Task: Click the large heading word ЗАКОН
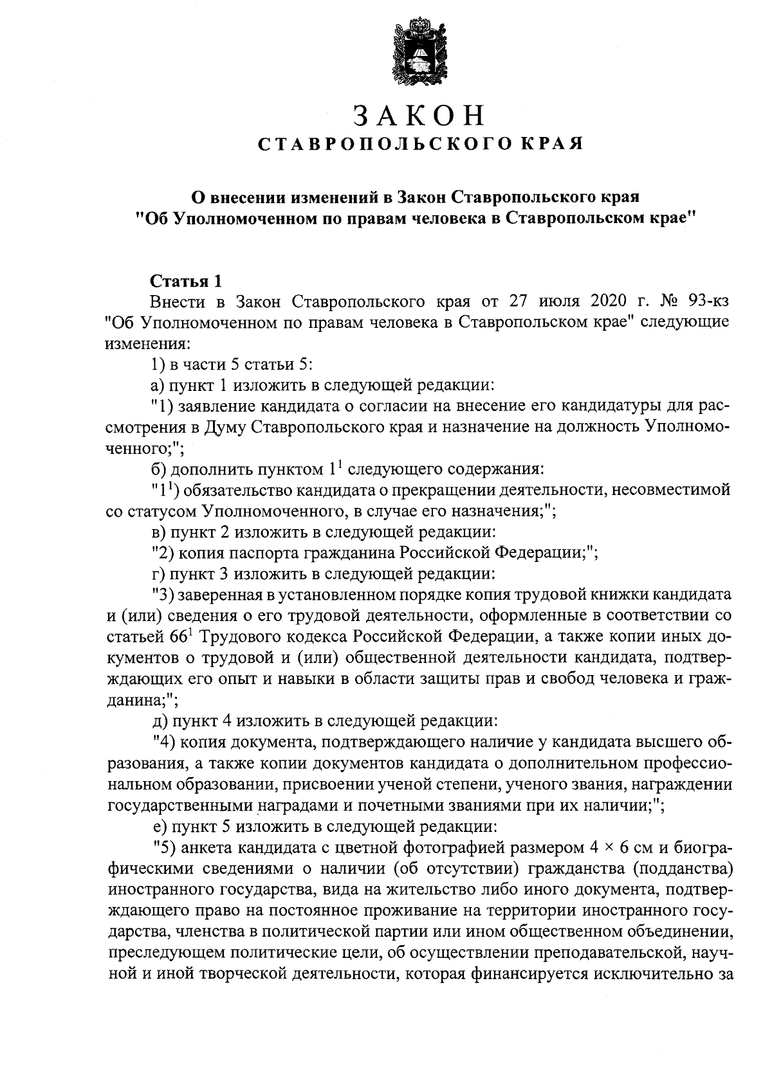point(419,116)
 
